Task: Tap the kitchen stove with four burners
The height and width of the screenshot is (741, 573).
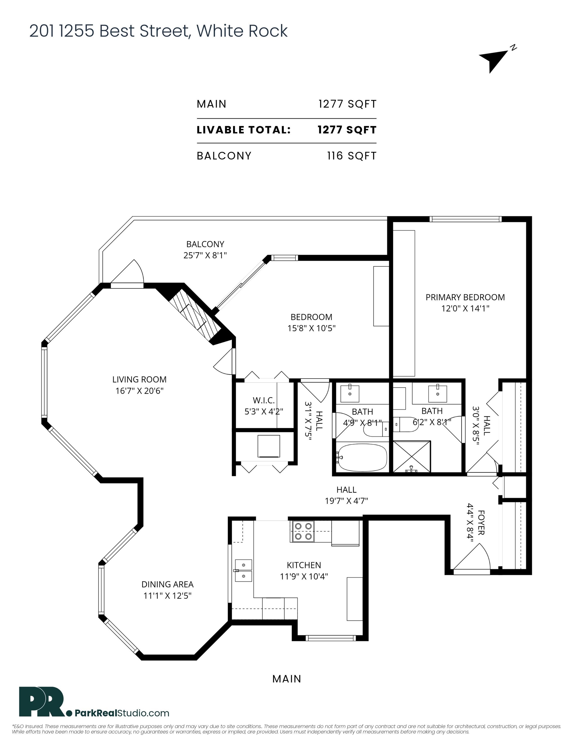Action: pos(302,531)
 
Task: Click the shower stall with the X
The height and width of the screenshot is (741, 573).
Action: pos(412,456)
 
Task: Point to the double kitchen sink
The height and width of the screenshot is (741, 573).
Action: pos(243,570)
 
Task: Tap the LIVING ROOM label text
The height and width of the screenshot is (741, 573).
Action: pos(139,379)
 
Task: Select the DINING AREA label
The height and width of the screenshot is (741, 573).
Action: pos(167,584)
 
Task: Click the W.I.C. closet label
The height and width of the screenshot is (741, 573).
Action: pos(264,400)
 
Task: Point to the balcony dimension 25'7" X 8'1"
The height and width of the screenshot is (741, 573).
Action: pos(205,255)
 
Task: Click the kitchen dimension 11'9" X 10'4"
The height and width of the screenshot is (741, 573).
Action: pos(304,576)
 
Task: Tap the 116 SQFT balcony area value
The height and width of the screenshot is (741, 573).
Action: pos(352,156)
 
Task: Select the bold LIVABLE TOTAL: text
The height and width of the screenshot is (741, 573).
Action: pos(244,130)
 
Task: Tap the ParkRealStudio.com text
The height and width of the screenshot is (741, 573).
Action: pos(122,713)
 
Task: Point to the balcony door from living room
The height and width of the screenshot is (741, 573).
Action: pos(127,273)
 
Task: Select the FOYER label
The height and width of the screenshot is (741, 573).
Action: pos(481,523)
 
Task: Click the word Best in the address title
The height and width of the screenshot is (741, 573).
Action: pos(118,31)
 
